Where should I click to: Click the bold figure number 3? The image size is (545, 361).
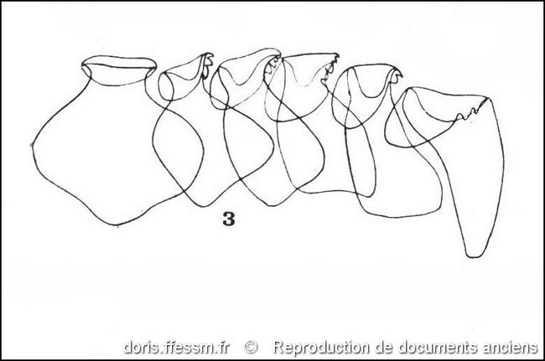click(x=229, y=219)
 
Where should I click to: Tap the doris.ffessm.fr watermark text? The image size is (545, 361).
click(x=177, y=347)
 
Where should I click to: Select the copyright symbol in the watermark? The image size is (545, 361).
click(x=251, y=347)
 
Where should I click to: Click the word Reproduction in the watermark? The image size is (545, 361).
click(x=321, y=347)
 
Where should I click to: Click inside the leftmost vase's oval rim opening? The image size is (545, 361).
click(x=119, y=71)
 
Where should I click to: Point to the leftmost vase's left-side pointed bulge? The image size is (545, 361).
click(x=33, y=145)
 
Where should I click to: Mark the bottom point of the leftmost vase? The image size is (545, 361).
click(x=117, y=225)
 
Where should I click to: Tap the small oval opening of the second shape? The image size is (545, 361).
click(x=165, y=87)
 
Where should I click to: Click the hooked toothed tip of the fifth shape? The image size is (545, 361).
click(x=396, y=75)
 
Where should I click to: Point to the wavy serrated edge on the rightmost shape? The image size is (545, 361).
click(x=471, y=111)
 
